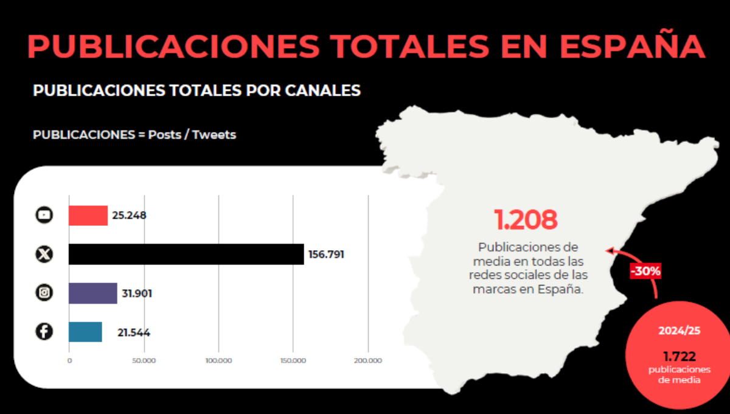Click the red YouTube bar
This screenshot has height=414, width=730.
pyautogui.click(x=88, y=216)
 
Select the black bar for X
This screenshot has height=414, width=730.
pyautogui.click(x=186, y=254)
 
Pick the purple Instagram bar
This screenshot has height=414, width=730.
pyautogui.click(x=93, y=293)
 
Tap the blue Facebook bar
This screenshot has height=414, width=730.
pyautogui.click(x=85, y=332)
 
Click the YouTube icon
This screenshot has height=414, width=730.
pyautogui.click(x=44, y=215)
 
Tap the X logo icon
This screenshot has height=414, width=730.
pyautogui.click(x=44, y=254)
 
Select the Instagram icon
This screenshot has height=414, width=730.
pyautogui.click(x=44, y=293)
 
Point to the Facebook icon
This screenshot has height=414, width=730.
pyautogui.click(x=44, y=331)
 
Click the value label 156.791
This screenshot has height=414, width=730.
pyautogui.click(x=326, y=254)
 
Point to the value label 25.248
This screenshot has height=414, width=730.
pyautogui.click(x=130, y=216)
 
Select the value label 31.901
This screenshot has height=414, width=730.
pyautogui.click(x=137, y=293)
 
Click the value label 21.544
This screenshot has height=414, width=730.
pyautogui.click(x=134, y=333)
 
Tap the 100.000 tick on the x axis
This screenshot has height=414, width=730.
pyautogui.click(x=218, y=360)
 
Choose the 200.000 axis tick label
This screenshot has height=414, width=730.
pyautogui.click(x=368, y=360)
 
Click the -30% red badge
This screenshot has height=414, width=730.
pyautogui.click(x=645, y=271)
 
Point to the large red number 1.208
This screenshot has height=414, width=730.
pyautogui.click(x=526, y=220)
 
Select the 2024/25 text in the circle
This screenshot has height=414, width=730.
pyautogui.click(x=680, y=331)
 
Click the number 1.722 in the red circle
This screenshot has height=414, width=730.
pyautogui.click(x=680, y=357)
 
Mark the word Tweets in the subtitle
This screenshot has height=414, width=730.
pyautogui.click(x=214, y=135)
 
